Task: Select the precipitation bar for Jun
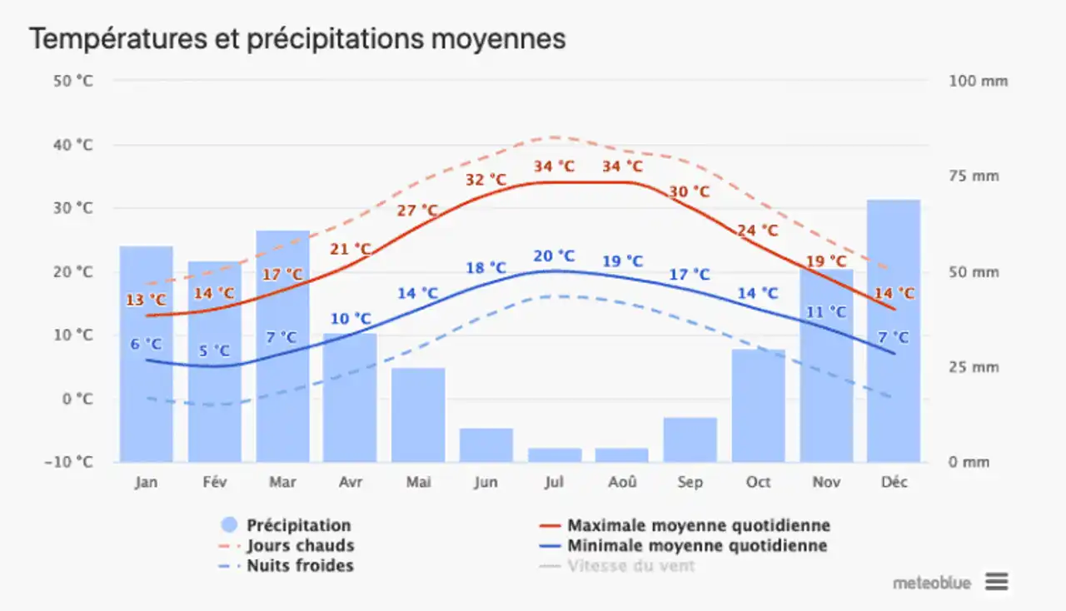pyautogui.click(x=486, y=445)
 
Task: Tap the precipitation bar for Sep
pyautogui.click(x=690, y=440)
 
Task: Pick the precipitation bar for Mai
pyautogui.click(x=418, y=415)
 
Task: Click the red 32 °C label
pyautogui.click(x=486, y=180)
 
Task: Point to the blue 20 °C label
pyautogui.click(x=555, y=256)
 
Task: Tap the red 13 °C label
pyautogui.click(x=147, y=301)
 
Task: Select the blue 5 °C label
pyautogui.click(x=213, y=351)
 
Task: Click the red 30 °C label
pyautogui.click(x=690, y=192)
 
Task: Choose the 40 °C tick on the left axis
pyautogui.click(x=72, y=145)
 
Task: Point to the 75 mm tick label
pyautogui.click(x=974, y=176)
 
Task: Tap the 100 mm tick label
pyautogui.click(x=978, y=81)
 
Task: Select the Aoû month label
pyautogui.click(x=622, y=483)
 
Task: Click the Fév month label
pyautogui.click(x=214, y=483)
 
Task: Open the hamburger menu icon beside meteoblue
pyautogui.click(x=997, y=582)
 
